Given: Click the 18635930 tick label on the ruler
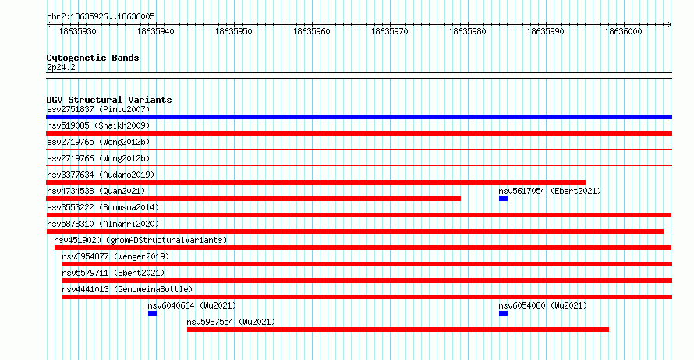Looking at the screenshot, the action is click(x=77, y=31).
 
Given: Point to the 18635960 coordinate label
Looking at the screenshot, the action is click(x=311, y=31).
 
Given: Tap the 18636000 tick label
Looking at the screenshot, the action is click(x=623, y=31).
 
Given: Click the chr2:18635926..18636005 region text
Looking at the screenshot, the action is click(x=101, y=17).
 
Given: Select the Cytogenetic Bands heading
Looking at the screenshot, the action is click(x=93, y=58).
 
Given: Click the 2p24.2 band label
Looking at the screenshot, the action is click(x=61, y=67).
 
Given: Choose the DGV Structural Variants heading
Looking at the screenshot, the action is click(x=109, y=100).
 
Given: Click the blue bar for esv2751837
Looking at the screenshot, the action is click(x=359, y=117).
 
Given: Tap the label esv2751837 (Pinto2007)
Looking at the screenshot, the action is click(x=98, y=109).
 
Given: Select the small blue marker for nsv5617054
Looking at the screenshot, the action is click(x=503, y=199).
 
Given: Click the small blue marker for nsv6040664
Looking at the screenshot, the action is click(x=152, y=313).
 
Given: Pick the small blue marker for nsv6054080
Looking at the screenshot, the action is click(x=503, y=313).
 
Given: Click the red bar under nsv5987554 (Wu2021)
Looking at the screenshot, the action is click(x=398, y=330).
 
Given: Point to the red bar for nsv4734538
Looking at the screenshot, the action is click(x=253, y=199).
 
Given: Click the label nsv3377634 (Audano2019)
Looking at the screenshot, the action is click(x=101, y=175).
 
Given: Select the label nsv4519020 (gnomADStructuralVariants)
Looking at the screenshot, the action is click(x=140, y=240).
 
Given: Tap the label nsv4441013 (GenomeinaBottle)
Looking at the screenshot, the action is click(x=127, y=289).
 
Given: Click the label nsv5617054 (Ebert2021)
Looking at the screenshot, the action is click(x=551, y=191).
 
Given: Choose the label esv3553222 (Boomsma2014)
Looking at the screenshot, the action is click(x=103, y=207).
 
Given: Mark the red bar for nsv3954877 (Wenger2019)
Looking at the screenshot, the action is click(x=367, y=264).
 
